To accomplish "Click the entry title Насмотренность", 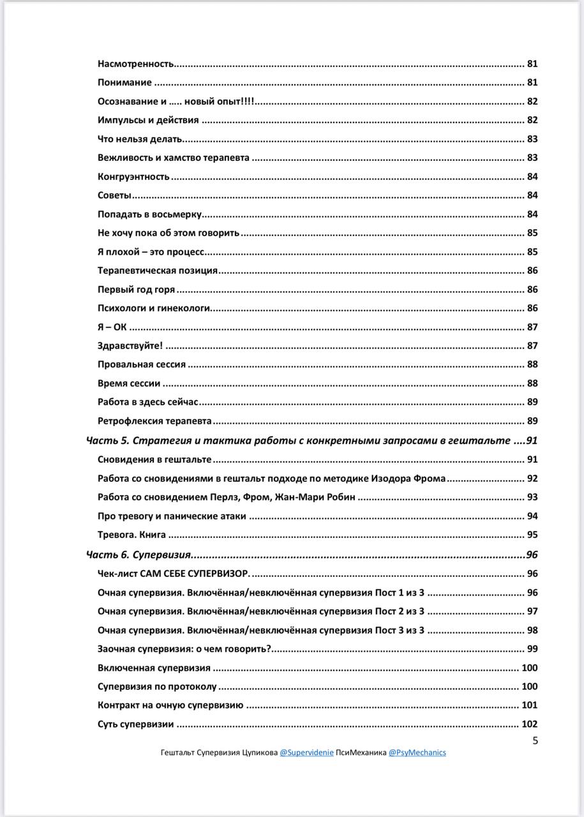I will [x=136, y=64].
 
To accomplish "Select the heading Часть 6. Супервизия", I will [x=139, y=555].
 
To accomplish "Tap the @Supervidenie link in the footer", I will [x=306, y=753].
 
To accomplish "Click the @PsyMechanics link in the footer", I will [x=417, y=753].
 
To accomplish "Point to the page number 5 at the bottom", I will [x=535, y=740].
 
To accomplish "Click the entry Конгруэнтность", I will [x=134, y=177].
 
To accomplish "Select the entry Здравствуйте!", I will [x=130, y=346].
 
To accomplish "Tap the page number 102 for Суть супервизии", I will [x=530, y=724].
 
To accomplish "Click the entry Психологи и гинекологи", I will [x=154, y=308].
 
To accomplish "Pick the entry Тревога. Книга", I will [x=131, y=535].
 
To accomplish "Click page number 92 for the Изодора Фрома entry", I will [x=532, y=479].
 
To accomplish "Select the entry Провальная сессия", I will [x=142, y=364].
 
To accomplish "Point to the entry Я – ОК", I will [x=112, y=327].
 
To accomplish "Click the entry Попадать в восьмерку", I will [x=150, y=214].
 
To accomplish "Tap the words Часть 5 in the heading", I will [x=107, y=440].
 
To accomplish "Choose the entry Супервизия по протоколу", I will [x=157, y=687].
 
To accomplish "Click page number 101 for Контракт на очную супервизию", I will [x=530, y=705].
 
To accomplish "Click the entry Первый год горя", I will [x=136, y=290].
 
